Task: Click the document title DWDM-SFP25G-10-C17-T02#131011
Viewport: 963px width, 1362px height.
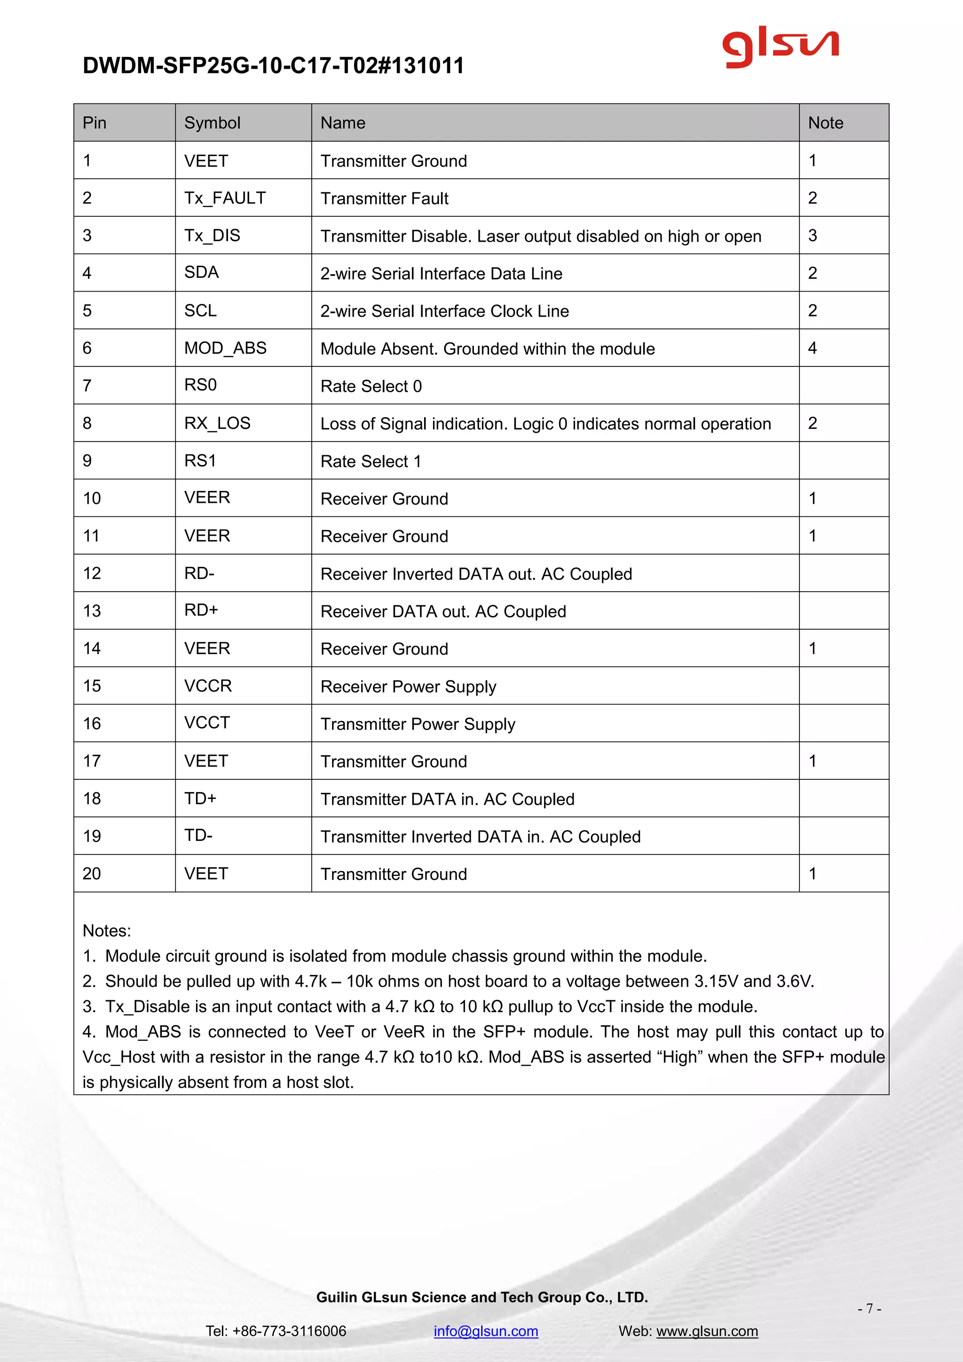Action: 273,65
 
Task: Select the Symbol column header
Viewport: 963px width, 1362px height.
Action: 212,123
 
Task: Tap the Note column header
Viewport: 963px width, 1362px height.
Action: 825,123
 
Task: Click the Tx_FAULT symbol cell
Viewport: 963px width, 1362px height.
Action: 225,198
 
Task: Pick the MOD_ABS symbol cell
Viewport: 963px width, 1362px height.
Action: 225,348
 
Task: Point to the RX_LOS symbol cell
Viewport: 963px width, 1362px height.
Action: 217,423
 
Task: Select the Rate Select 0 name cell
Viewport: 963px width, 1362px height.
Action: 371,386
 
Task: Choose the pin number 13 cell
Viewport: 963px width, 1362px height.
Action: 92,610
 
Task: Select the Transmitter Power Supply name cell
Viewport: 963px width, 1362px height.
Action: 418,724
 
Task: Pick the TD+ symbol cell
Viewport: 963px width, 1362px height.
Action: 200,799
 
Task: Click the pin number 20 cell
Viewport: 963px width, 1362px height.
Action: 92,873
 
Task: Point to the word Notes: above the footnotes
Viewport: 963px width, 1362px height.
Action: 107,930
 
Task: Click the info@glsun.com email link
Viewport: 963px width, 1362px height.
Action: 486,1330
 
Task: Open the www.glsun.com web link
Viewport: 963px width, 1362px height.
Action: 707,1330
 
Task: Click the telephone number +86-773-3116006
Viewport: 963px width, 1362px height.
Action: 289,1330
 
